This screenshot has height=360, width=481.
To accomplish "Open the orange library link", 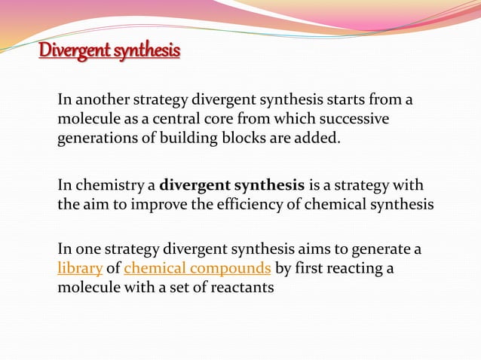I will (x=80, y=269).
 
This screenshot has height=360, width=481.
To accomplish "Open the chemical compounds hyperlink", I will (x=198, y=269).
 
